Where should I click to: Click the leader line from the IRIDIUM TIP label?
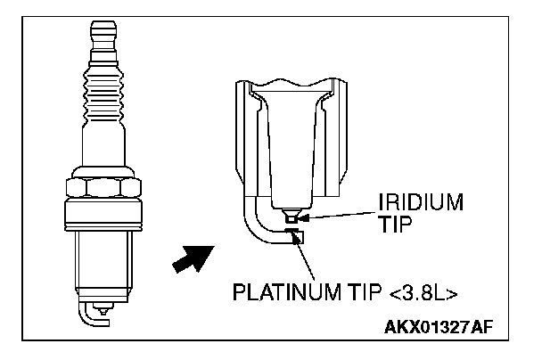click(339, 213)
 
